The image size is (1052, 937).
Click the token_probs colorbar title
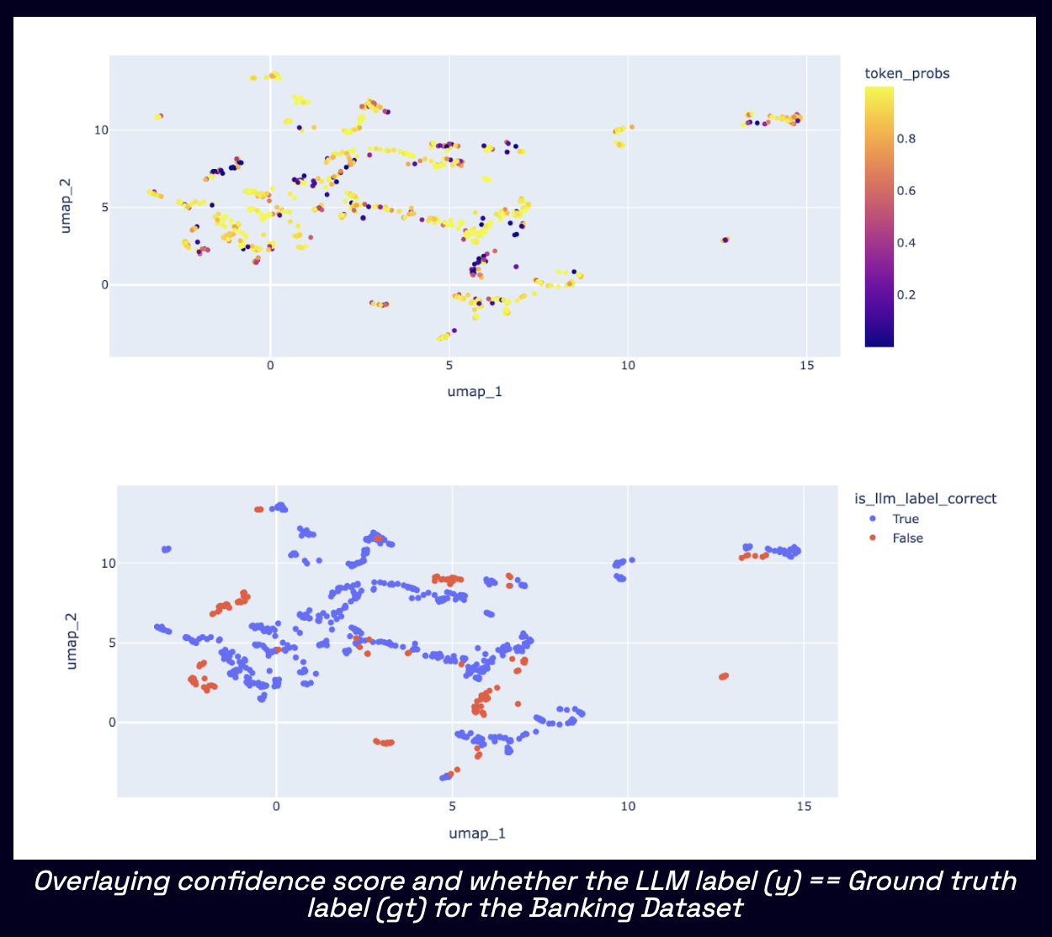tap(906, 74)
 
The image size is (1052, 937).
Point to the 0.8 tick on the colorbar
tap(906, 139)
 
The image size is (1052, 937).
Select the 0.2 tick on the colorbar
tap(906, 295)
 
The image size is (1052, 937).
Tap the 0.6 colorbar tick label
tap(906, 191)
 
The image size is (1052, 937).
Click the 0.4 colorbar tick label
tap(906, 243)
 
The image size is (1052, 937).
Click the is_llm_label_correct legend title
tap(925, 499)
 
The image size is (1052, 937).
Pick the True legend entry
tap(906, 519)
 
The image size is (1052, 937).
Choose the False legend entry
tap(907, 538)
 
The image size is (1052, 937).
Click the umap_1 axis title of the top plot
tap(475, 391)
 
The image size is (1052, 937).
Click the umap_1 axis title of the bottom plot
tap(477, 833)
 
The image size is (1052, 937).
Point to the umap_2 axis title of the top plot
tap(66, 206)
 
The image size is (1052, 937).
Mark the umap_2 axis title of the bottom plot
tap(72, 641)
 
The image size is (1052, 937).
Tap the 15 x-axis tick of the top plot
tap(806, 365)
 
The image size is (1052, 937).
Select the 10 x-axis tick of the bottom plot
tap(628, 806)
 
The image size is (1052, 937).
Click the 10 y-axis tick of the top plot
tap(101, 130)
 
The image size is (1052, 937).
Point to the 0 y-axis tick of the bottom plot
tap(112, 723)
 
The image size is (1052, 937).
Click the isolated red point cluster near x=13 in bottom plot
tap(724, 676)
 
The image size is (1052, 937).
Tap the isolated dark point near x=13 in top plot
tap(725, 240)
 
